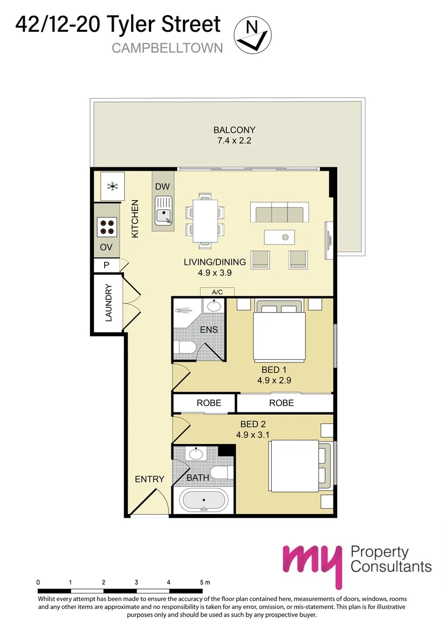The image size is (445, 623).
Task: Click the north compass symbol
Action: point(253,35)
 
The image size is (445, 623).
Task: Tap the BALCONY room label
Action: point(234,130)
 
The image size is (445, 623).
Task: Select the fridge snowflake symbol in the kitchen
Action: point(113,186)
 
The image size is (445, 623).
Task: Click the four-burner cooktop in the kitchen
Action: point(107,227)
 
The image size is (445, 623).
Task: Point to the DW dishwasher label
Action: point(162,186)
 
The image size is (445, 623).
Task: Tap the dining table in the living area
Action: point(205,220)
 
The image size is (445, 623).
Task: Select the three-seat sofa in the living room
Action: point(279,212)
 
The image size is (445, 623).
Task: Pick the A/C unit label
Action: point(217,292)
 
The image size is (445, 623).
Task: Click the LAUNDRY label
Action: point(109,303)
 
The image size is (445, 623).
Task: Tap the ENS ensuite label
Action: point(209,329)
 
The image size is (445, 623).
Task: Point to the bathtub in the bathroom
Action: point(204,500)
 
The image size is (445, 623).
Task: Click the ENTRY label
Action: point(149,479)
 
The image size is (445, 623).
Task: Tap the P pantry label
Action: point(106,265)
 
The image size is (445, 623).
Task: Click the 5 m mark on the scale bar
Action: point(205,582)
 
